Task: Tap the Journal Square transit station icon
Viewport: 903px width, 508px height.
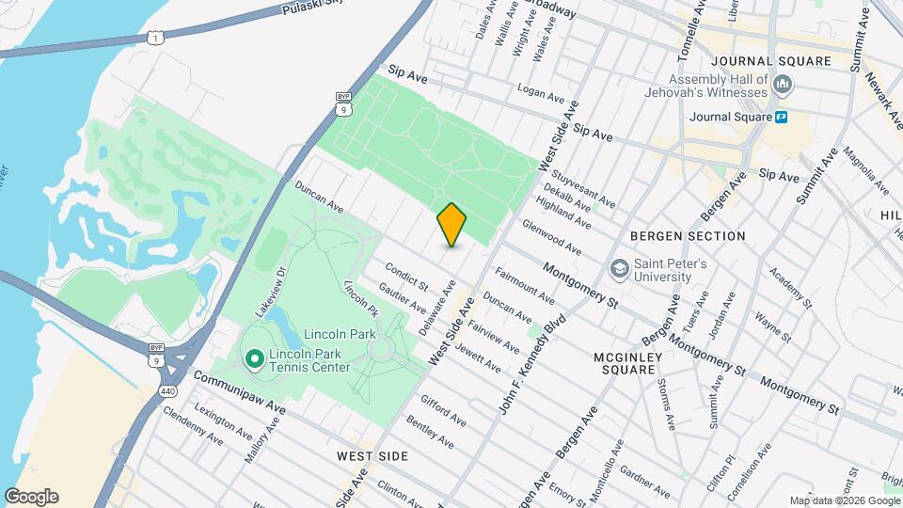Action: [781, 118]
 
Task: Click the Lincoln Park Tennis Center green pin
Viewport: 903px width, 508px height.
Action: [253, 358]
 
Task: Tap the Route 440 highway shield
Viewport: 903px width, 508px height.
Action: [166, 364]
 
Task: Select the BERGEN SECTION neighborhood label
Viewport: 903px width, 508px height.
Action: [688, 236]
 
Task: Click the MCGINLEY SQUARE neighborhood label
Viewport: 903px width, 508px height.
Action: [628, 363]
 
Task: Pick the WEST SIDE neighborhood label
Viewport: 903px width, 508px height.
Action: [372, 456]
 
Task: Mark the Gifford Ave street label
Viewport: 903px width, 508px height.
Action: [443, 411]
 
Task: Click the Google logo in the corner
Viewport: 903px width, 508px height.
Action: [31, 497]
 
